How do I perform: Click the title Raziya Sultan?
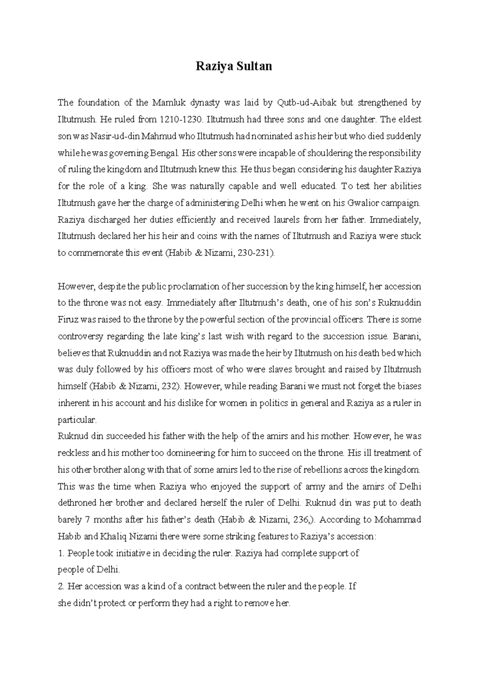234,66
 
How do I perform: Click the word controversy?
79,336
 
